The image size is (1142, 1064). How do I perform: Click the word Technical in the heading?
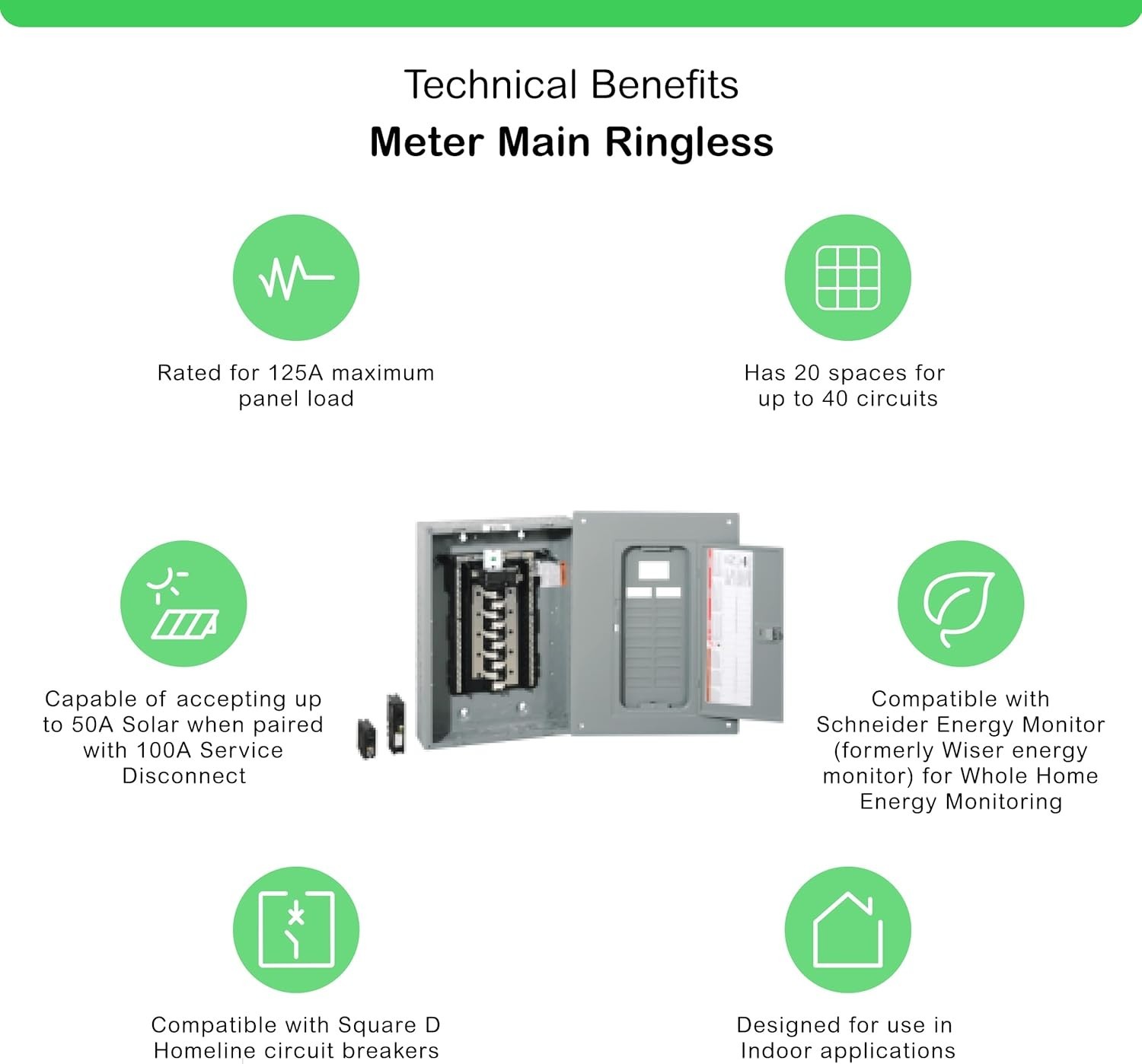(x=490, y=84)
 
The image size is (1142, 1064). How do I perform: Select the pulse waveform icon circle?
(x=296, y=277)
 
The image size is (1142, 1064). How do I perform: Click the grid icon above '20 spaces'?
(x=847, y=277)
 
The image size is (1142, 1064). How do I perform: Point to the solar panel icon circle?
(x=183, y=604)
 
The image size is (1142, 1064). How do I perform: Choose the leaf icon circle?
(x=961, y=604)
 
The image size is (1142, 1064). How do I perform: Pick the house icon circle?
(x=847, y=929)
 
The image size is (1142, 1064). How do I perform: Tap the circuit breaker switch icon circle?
(x=296, y=929)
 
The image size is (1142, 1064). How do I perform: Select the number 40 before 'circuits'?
(x=835, y=399)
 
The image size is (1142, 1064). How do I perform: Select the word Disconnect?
(x=184, y=776)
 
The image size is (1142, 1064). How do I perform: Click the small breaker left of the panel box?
(x=366, y=738)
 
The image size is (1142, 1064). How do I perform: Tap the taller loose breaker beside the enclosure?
(x=396, y=723)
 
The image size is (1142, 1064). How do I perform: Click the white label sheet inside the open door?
(x=729, y=626)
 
